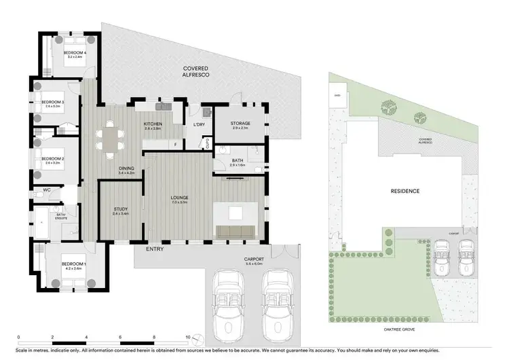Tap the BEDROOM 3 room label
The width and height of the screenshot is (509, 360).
(52, 103)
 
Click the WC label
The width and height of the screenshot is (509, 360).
(48, 190)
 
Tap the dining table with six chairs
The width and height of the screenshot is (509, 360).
(109, 139)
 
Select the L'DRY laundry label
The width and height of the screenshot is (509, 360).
(200, 125)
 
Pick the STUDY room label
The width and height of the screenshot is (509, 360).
(120, 209)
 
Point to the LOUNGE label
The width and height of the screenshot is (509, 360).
(179, 198)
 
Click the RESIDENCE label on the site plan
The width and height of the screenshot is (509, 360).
(404, 191)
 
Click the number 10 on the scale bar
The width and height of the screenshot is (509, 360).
(187, 338)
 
